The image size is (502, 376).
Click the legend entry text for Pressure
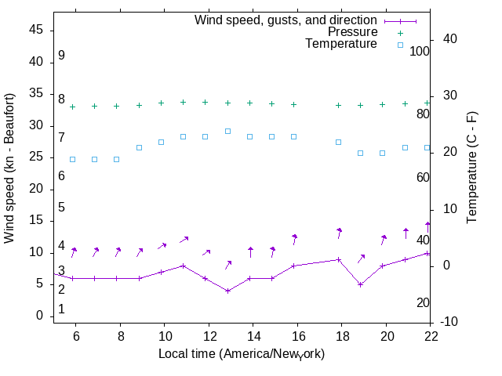[352, 32]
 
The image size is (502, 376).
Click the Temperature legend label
[341, 44]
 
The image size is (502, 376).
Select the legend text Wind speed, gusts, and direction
[286, 20]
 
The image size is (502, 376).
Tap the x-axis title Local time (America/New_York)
[242, 354]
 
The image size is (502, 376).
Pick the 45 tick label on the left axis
[35, 31]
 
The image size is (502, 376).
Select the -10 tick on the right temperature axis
[451, 322]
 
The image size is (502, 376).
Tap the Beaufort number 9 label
[61, 56]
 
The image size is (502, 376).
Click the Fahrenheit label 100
[420, 51]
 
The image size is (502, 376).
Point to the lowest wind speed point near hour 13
[227, 291]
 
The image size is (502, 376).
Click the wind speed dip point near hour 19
[360, 284]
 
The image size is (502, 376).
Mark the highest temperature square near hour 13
[227, 131]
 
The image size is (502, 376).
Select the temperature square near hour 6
[73, 159]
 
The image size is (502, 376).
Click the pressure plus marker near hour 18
[338, 105]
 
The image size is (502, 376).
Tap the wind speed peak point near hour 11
[184, 266]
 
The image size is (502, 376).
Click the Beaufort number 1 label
[61, 309]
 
